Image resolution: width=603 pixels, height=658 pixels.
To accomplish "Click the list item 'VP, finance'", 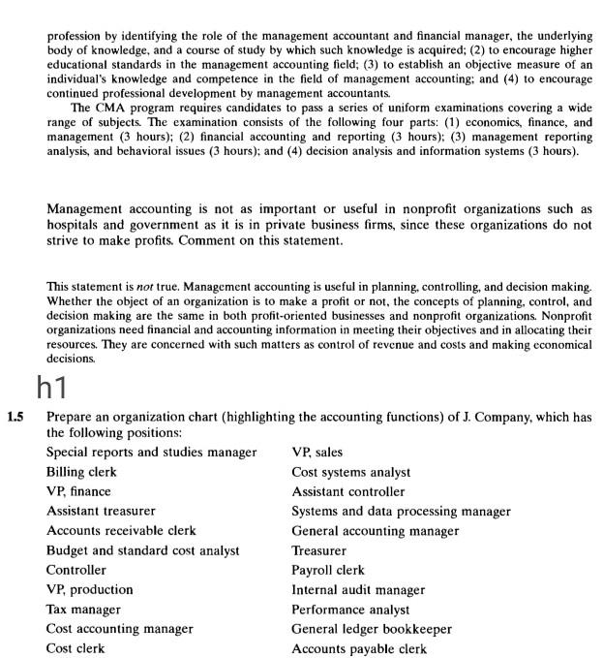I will coord(79,491).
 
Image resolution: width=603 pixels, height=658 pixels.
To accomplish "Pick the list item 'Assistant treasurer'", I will coord(101,511).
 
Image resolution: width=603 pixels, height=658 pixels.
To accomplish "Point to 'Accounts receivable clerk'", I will coord(121,530).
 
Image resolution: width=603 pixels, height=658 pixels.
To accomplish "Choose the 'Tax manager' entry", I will coord(83,609).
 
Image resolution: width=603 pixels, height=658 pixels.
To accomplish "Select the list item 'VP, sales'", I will coord(317,452).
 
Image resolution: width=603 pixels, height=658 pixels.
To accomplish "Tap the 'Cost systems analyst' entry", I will coord(350,472).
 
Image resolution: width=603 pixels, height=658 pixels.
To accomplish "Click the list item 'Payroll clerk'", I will coord(328,570).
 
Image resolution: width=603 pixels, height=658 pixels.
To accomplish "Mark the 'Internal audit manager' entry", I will coord(358,589).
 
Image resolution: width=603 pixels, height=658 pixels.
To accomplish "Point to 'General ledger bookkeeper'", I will coord(372,629).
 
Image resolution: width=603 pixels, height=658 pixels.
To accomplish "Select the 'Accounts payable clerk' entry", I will coord(359,648).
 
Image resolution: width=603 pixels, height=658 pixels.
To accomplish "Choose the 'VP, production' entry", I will coord(90,589).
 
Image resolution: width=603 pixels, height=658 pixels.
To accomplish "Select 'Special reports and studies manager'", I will coord(152,452).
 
